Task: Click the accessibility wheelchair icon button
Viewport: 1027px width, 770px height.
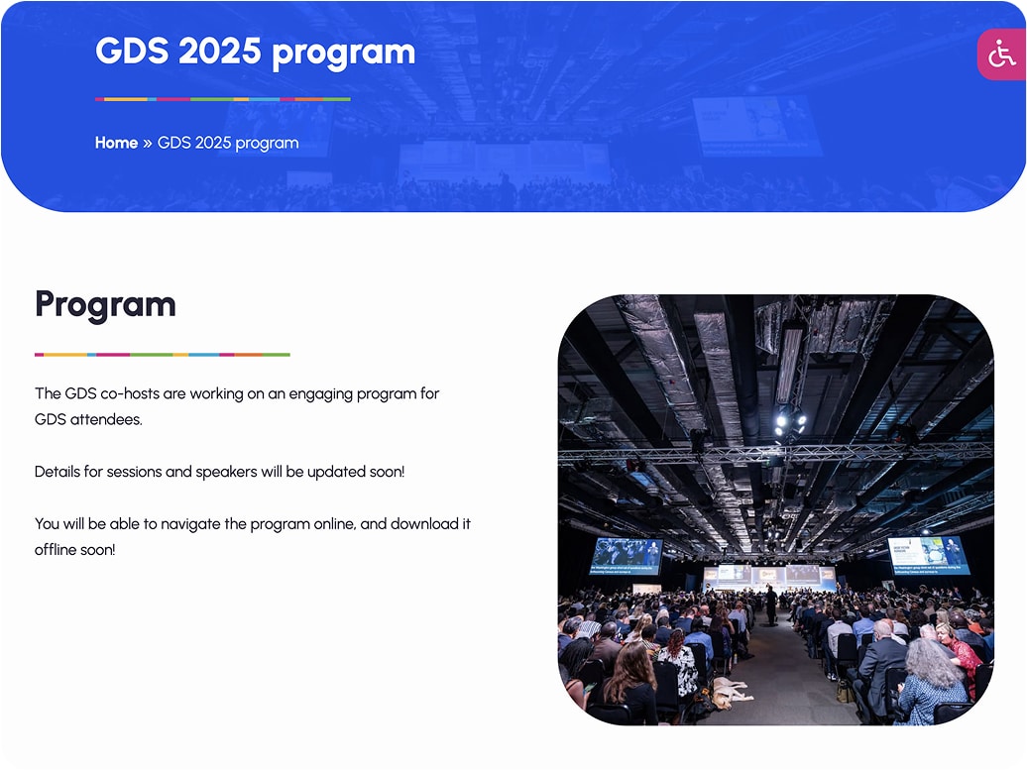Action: coord(1002,55)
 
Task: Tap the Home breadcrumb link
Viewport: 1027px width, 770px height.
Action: coord(116,143)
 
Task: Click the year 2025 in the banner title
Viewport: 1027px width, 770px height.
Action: coord(219,51)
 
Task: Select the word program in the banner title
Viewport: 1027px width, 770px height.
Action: coord(343,54)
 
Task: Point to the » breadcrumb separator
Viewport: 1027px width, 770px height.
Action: coord(148,144)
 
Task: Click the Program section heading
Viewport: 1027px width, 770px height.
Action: coord(105,304)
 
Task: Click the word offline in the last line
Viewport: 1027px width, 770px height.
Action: coord(55,550)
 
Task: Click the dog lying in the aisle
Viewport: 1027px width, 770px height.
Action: coord(729,692)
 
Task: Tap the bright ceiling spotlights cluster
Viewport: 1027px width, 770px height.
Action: coord(790,422)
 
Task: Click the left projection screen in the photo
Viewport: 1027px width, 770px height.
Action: coord(627,556)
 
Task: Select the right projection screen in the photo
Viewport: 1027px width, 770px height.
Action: coord(929,555)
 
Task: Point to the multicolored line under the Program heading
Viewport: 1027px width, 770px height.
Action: coord(163,354)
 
